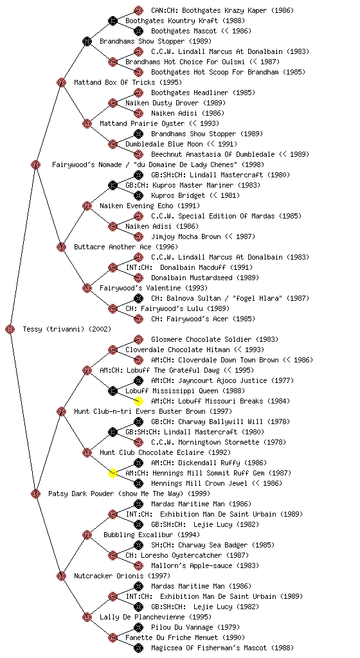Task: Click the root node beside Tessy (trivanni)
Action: (10, 329)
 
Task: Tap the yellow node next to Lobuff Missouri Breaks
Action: (138, 401)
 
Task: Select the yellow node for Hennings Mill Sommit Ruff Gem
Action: (113, 473)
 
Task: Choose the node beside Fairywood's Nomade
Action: (35, 164)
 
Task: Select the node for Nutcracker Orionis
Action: (61, 576)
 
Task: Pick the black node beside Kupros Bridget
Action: (138, 195)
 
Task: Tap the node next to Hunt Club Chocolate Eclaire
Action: (87, 452)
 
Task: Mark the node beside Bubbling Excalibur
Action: (87, 535)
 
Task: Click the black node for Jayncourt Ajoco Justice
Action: (138, 380)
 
